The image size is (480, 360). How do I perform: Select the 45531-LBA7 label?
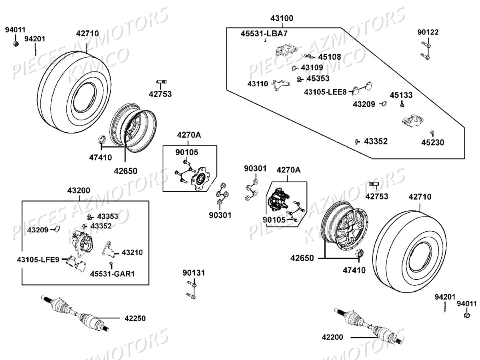tap(264, 34)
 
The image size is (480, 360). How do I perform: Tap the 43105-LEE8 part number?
tap(325, 92)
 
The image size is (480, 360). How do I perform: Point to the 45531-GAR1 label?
tap(112, 274)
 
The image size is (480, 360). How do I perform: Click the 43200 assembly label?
tap(78, 190)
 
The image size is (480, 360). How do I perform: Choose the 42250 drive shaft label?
tap(135, 318)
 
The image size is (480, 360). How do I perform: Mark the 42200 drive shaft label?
tap(332, 337)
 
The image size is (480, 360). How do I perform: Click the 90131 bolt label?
tap(194, 273)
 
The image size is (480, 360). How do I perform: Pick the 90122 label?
tap(428, 32)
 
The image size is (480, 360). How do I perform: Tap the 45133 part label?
tap(401, 95)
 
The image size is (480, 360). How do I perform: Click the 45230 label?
tap(432, 142)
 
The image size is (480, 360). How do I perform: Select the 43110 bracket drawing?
tap(281, 85)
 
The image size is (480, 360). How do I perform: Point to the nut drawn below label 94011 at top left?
tap(16, 44)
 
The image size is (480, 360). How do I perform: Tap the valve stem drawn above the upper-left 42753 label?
tap(161, 82)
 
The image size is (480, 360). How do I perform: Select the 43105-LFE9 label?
tap(38, 260)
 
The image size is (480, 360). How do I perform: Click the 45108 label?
tap(329, 57)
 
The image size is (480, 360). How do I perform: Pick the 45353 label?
tap(318, 78)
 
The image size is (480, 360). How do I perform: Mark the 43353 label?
tap(108, 216)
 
